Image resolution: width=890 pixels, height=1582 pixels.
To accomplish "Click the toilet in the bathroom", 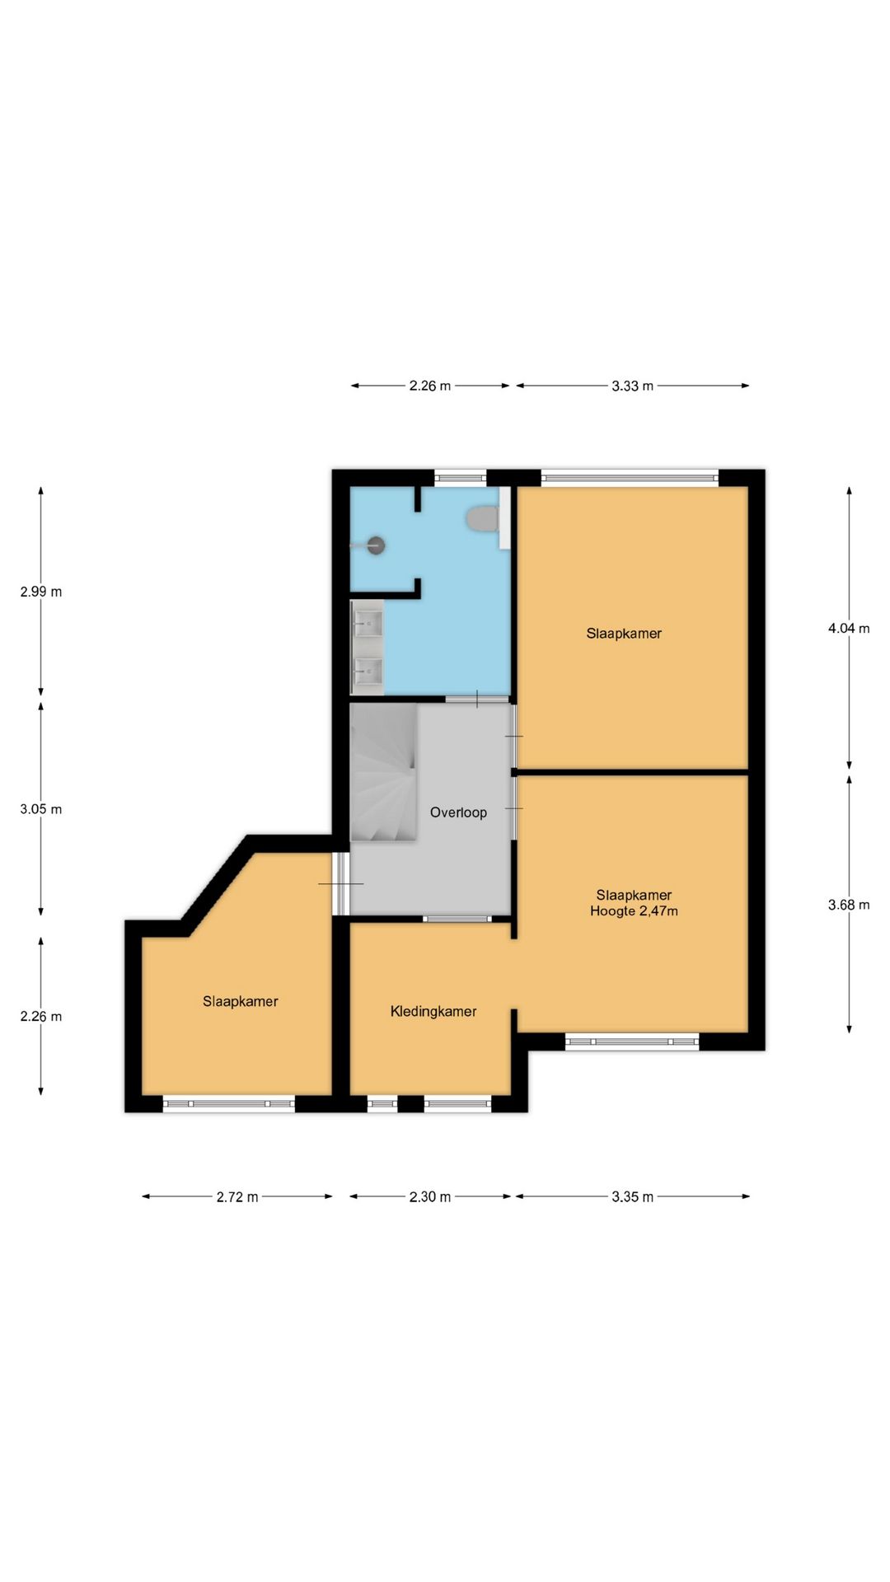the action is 483,519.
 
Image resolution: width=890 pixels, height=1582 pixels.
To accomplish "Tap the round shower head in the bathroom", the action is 376,545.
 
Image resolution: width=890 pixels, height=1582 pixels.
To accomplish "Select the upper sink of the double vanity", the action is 368,623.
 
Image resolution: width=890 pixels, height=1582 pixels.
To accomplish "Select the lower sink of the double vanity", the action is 368,672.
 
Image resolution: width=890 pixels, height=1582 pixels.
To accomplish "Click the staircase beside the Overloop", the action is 383,772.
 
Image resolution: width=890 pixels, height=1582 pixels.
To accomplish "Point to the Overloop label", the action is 458,812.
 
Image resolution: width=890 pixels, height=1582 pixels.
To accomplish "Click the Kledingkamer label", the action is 433,1011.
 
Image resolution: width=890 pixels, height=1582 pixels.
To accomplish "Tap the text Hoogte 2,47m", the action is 634,911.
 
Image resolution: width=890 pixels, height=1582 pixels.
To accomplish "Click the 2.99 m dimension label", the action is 41,592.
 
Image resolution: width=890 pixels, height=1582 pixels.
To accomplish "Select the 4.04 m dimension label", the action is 849,628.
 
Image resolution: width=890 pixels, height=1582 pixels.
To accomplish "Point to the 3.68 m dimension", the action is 849,905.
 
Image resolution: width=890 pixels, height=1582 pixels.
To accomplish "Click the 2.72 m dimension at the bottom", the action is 237,1196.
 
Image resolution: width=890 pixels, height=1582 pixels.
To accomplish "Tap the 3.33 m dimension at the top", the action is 632,386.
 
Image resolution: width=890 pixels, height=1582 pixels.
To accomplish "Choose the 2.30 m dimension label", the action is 430,1196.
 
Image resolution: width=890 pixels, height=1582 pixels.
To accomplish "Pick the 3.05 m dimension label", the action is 41,809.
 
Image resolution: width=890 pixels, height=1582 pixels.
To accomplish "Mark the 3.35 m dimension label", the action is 632,1196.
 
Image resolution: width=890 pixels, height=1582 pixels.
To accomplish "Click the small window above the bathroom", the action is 461,476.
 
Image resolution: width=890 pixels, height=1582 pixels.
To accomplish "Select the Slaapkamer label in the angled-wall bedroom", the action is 241,1001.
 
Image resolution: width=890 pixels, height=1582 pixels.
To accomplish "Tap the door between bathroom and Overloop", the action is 477,700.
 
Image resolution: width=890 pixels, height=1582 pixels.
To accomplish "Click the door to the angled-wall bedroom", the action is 340,883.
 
